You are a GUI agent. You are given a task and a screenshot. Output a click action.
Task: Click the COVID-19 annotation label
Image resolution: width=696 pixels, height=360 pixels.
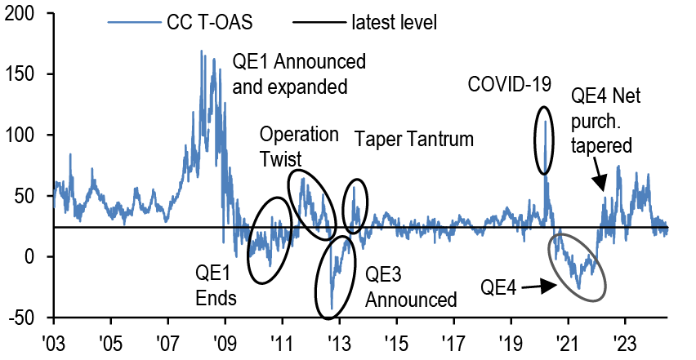510,83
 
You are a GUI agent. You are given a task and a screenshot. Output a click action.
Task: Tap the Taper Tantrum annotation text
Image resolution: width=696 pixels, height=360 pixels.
414,139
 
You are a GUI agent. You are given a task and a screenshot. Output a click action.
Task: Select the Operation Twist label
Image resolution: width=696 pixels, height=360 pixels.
287,145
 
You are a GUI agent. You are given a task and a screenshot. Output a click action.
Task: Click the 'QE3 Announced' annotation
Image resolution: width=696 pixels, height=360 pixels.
410,287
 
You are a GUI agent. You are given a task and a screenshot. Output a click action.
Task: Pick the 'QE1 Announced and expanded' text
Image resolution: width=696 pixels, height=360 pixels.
299,74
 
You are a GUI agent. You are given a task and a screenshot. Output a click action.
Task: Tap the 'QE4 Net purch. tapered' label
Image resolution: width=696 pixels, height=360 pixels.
605,121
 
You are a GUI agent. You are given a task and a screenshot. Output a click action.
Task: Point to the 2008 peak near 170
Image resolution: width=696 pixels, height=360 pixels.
202,51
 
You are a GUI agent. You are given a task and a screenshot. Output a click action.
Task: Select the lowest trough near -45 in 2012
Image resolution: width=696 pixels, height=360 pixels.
332,309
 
